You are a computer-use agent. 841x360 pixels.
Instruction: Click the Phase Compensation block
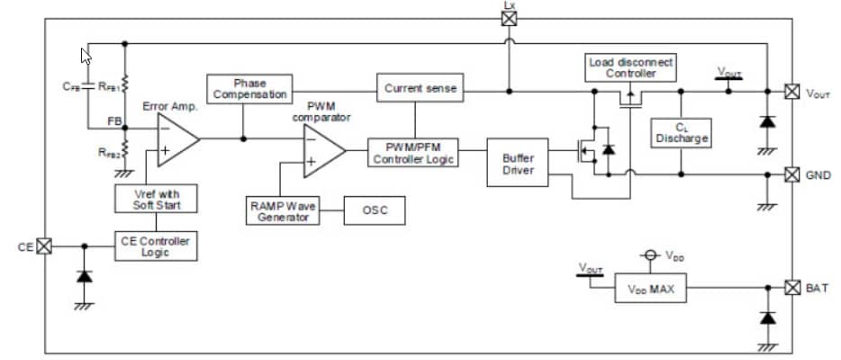click(x=249, y=88)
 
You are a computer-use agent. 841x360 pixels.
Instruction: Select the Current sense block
click(x=420, y=88)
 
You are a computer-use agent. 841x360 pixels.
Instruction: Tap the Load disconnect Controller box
click(x=631, y=67)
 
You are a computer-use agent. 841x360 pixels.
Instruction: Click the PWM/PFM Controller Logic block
click(x=413, y=151)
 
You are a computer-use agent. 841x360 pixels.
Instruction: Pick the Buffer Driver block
click(x=518, y=163)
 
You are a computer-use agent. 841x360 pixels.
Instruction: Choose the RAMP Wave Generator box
click(x=283, y=211)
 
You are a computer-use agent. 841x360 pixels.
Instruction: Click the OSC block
click(x=375, y=211)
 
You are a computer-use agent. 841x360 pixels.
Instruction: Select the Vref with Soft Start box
click(x=157, y=199)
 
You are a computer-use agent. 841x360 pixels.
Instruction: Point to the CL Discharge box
click(x=682, y=132)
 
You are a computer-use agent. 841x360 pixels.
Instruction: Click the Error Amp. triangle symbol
click(x=176, y=139)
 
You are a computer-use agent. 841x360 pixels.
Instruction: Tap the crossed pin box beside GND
click(x=791, y=174)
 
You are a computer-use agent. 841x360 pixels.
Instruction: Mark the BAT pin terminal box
click(x=791, y=288)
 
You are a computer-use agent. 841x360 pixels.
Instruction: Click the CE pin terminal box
click(x=43, y=245)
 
